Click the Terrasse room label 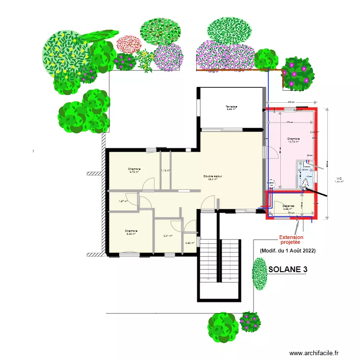click(x=232, y=108)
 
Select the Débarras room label click(x=288, y=207)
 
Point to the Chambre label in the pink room click(x=294, y=140)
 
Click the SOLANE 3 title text click(x=288, y=270)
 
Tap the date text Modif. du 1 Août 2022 click(x=288, y=251)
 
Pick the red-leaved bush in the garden click(x=128, y=44)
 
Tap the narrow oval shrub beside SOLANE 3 click(x=260, y=274)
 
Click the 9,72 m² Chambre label click(x=134, y=170)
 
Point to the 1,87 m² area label click(x=123, y=201)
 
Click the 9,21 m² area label click(x=168, y=236)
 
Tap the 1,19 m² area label click(x=166, y=170)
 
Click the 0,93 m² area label click(x=190, y=243)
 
